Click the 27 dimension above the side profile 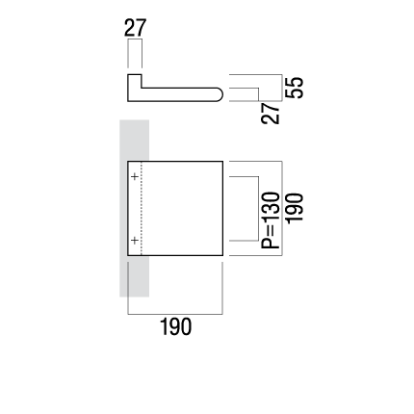coord(135,28)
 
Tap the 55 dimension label coord(295,88)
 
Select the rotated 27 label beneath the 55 coord(271,113)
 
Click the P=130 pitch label coord(271,220)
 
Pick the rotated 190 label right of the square coord(295,208)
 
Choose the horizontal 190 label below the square coord(175,326)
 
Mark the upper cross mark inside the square coord(135,176)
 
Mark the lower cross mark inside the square coord(135,240)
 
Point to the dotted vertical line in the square coord(142,208)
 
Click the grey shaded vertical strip coord(134,208)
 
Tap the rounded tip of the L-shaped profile coord(222,94)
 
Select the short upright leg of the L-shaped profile coord(135,81)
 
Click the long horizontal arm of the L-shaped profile coord(175,94)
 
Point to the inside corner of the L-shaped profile coord(142,88)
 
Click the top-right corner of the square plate coord(222,161)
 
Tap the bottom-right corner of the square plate coord(222,255)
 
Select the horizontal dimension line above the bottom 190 coord(175,314)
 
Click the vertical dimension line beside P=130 coord(258,208)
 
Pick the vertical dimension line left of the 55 coord(282,88)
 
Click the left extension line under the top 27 coord(128,54)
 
